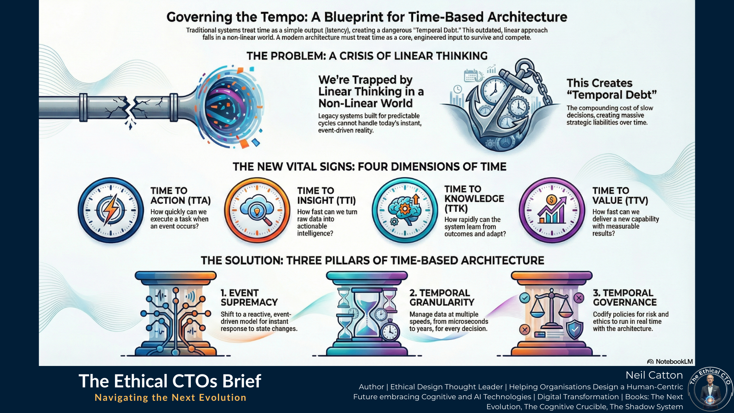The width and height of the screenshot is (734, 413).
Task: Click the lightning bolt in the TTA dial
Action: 111,210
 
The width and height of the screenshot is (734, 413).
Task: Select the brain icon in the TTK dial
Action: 403,208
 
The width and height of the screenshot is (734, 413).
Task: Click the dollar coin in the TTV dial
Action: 551,200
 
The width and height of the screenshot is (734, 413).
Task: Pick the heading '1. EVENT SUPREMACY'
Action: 249,298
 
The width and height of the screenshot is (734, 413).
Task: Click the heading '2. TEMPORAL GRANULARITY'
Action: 442,298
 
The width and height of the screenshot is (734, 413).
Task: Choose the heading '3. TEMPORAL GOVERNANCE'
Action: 625,298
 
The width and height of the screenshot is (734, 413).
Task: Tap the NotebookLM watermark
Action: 670,361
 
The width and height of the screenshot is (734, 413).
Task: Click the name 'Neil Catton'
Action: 654,375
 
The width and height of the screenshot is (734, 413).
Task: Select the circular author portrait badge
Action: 710,390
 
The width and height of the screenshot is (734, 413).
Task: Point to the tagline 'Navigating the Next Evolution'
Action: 171,398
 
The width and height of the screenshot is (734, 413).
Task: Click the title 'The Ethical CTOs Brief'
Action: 170,381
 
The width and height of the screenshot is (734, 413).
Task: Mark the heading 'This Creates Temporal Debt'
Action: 612,89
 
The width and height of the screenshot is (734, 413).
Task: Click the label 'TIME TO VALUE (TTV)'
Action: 620,195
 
